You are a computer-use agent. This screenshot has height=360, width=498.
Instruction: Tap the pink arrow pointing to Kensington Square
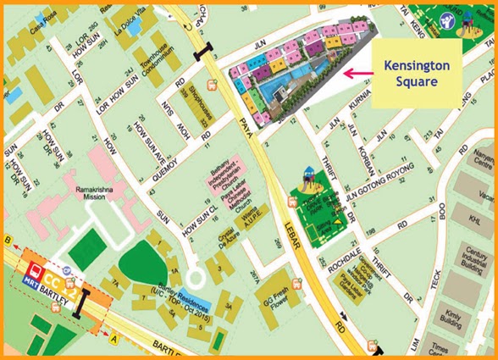pyautogui.click(x=357, y=74)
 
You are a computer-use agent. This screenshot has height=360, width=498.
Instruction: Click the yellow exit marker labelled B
pyautogui.click(x=8, y=240)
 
